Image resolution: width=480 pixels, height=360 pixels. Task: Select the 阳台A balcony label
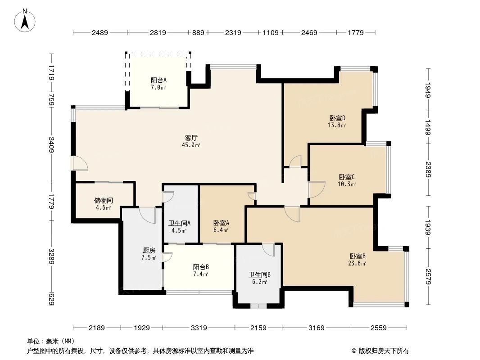coord(158,80)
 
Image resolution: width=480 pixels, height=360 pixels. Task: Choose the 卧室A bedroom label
coord(221,223)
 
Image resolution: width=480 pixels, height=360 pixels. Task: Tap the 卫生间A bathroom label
coord(179,223)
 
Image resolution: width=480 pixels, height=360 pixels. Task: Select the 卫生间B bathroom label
coord(259,274)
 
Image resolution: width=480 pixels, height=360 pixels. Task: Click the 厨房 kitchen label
coord(149,250)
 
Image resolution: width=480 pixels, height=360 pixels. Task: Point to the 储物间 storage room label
coord(103,200)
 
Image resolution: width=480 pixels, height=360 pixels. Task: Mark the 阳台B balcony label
coord(201,266)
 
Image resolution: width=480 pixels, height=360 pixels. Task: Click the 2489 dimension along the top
coord(100,32)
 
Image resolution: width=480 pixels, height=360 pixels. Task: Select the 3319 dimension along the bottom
coord(199,328)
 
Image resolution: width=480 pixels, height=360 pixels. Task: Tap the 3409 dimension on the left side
coord(52,145)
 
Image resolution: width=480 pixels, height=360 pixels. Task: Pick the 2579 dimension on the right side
coord(428,276)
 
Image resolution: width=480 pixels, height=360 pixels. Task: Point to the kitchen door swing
coord(147,214)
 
